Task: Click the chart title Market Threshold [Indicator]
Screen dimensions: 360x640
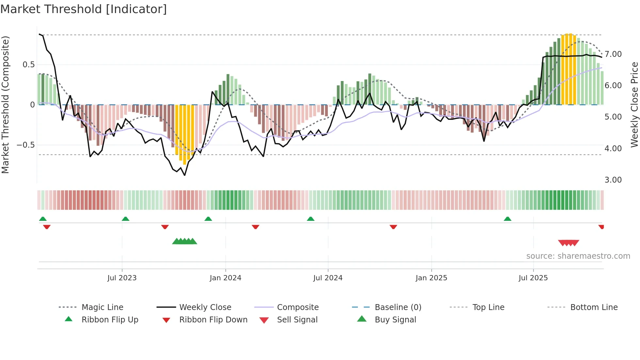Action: pyautogui.click(x=84, y=9)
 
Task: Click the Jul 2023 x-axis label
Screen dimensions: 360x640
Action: pyautogui.click(x=122, y=278)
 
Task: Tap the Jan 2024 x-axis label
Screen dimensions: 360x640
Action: pyautogui.click(x=225, y=278)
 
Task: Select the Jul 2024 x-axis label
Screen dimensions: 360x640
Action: pyautogui.click(x=328, y=278)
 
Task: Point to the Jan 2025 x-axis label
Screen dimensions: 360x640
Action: pyautogui.click(x=431, y=278)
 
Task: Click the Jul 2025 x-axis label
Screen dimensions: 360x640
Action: pyautogui.click(x=533, y=278)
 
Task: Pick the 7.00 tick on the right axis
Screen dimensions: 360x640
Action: pyautogui.click(x=613, y=54)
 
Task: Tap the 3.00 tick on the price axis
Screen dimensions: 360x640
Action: pyautogui.click(x=613, y=180)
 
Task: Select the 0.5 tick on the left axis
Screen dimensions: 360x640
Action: pyautogui.click(x=28, y=65)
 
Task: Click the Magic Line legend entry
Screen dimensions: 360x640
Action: pyautogui.click(x=102, y=307)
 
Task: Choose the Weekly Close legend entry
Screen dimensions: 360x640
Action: pyautogui.click(x=205, y=307)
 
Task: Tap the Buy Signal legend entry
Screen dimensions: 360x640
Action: pyautogui.click(x=395, y=320)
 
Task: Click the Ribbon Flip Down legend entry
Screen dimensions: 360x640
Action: pyautogui.click(x=213, y=320)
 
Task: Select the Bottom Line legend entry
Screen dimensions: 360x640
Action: pyautogui.click(x=594, y=307)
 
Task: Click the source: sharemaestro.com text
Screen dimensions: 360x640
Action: pyautogui.click(x=578, y=256)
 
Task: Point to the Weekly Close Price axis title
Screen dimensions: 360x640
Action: pyautogui.click(x=634, y=105)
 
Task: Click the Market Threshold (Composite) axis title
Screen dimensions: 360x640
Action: pyautogui.click(x=6, y=105)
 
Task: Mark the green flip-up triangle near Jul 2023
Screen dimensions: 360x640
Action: pyautogui.click(x=125, y=219)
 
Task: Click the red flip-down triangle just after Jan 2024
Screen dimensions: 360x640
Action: pyautogui.click(x=255, y=227)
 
